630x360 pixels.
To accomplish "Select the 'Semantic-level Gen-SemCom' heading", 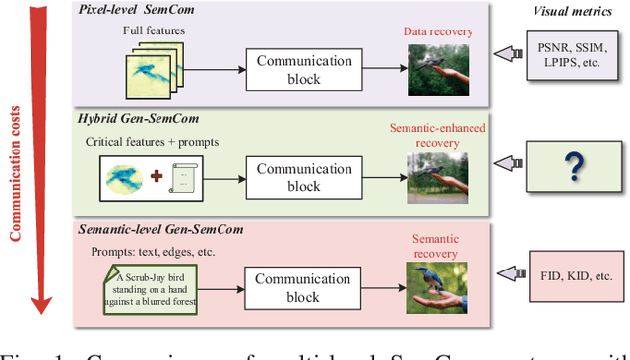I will point(160,229).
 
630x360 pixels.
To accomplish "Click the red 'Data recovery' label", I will point(438,32).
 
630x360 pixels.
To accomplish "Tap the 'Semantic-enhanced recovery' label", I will point(438,135).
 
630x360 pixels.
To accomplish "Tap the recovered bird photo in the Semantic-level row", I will point(438,289).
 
